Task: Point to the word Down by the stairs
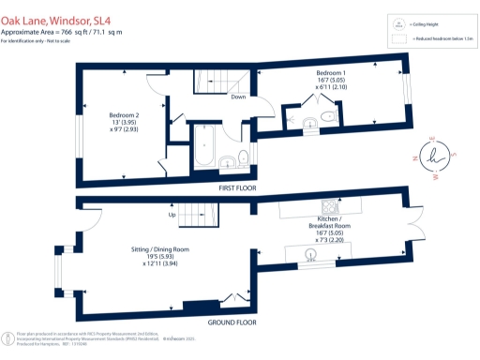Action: click(x=239, y=96)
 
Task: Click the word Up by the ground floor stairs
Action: click(x=171, y=215)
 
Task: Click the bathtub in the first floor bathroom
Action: click(x=203, y=143)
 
